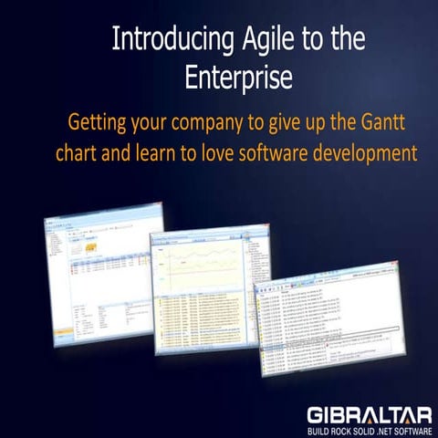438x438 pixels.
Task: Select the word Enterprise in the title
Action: click(238, 78)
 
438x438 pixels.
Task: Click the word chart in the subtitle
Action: click(80, 151)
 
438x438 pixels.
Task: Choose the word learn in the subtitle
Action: click(161, 151)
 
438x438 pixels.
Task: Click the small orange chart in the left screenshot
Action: click(93, 248)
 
